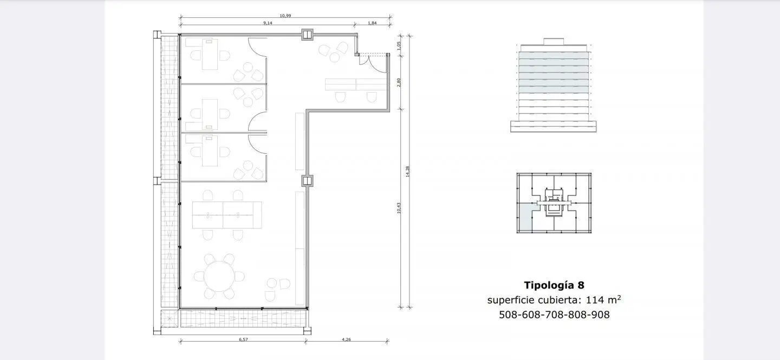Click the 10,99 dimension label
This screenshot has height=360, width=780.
pos(285,16)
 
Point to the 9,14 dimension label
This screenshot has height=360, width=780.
pos(268,23)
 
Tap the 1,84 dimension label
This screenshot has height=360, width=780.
pos(372,23)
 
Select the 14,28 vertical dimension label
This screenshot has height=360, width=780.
pos(408,171)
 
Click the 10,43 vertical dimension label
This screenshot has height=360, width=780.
pos(399,208)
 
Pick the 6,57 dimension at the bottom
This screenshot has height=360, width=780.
pos(243,339)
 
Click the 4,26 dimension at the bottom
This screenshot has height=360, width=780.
pos(346,339)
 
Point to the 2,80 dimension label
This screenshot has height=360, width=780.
pos(399,82)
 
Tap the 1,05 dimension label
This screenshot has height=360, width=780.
pos(399,45)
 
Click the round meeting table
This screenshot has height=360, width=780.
pos(219,276)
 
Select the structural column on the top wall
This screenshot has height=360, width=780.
pos(307,35)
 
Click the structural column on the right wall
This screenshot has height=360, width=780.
pos(307,181)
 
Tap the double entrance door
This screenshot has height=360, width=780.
pos(373,63)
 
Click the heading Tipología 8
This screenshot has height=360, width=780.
pos(554,285)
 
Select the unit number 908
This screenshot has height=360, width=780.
pos(600,315)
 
